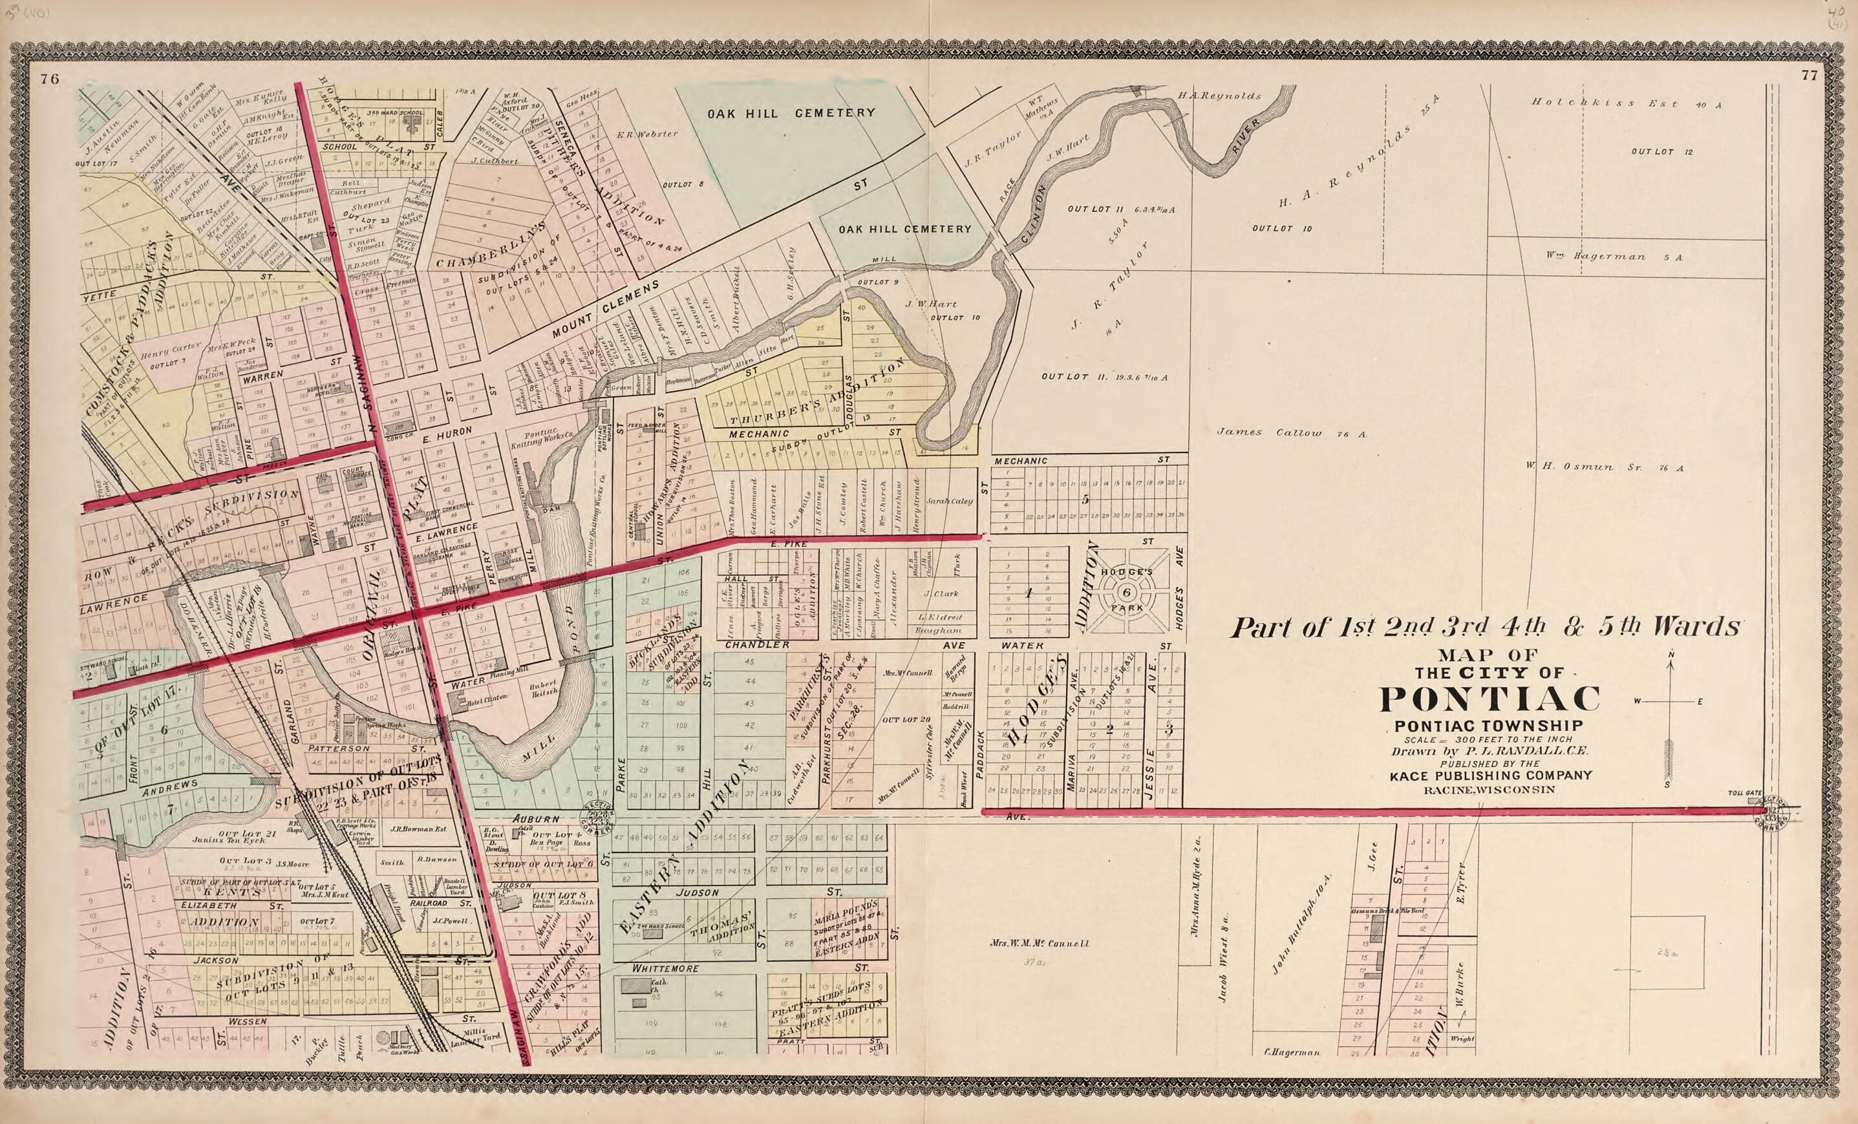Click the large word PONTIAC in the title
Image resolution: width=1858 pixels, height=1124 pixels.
pos(1490,699)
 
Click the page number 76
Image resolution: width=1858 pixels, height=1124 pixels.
pos(50,79)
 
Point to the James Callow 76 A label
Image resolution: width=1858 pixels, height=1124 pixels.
pos(1292,432)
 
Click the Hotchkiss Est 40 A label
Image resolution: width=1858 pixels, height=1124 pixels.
pos(1625,104)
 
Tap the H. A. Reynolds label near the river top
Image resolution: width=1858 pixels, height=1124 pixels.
pos(1219,96)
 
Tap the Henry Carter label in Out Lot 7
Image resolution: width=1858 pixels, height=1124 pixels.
pos(171,349)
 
